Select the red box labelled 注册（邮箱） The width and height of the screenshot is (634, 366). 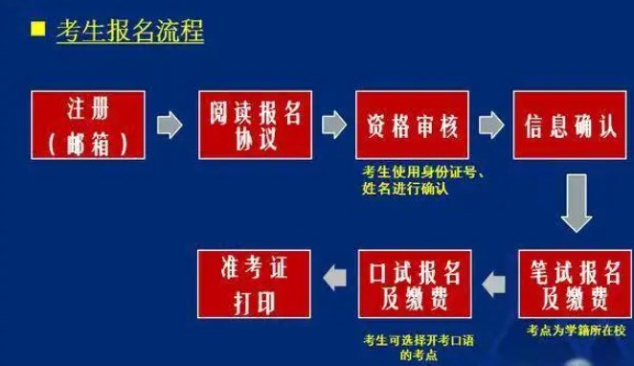[82, 125]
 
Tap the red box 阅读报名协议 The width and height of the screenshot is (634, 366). [254, 125]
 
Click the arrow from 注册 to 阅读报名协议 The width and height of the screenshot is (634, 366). [170, 126]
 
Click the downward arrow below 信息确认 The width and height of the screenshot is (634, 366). [578, 203]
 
